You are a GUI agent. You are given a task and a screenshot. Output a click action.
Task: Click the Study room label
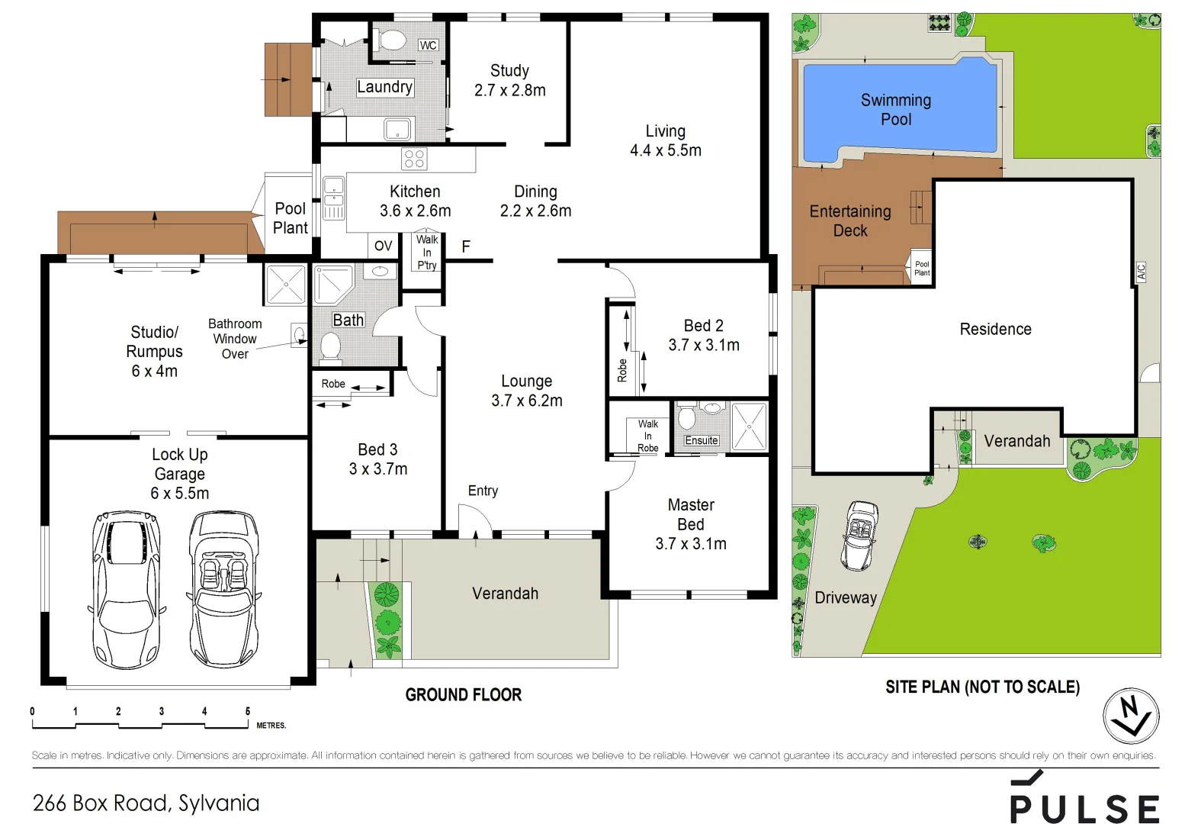(x=509, y=71)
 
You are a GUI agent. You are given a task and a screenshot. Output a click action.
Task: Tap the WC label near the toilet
(x=428, y=46)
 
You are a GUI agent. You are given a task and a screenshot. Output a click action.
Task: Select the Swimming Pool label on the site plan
(x=895, y=110)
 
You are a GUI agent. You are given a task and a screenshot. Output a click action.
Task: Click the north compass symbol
(x=1131, y=716)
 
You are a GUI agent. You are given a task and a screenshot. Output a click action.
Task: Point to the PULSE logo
(x=1084, y=801)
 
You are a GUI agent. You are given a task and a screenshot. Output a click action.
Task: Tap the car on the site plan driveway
(x=860, y=536)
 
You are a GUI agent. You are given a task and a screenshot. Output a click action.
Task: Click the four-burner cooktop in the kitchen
(x=414, y=159)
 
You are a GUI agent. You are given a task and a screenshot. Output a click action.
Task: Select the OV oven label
(x=383, y=246)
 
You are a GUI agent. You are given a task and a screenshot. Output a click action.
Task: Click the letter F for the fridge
(x=466, y=246)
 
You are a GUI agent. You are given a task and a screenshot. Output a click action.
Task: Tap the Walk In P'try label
(x=427, y=253)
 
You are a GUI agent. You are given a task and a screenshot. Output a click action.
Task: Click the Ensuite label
(x=701, y=440)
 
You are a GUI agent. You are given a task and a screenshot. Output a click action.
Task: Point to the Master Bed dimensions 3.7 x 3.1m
(x=691, y=544)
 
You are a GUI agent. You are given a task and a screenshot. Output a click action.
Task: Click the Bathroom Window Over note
(x=235, y=339)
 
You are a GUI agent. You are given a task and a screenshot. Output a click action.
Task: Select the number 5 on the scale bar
(x=247, y=711)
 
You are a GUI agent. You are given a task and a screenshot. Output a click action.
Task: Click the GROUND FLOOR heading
(x=464, y=695)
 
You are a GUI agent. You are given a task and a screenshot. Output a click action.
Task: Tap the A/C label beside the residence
(x=1141, y=272)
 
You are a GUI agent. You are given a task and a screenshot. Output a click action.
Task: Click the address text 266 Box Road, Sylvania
(x=146, y=803)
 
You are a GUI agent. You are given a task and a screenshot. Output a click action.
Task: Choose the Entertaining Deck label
(x=849, y=220)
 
